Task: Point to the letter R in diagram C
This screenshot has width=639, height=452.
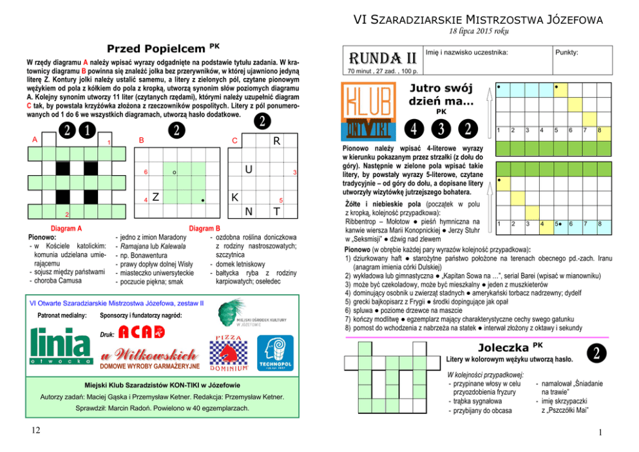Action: (x=275, y=140)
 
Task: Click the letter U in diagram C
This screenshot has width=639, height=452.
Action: (x=247, y=170)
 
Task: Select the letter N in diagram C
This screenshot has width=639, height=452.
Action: (x=247, y=211)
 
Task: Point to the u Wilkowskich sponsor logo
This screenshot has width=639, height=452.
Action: (x=149, y=359)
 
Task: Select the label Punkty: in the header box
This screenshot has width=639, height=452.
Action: (x=569, y=52)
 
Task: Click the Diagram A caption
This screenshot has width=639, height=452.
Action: (x=67, y=228)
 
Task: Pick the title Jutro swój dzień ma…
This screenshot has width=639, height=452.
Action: (x=441, y=95)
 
